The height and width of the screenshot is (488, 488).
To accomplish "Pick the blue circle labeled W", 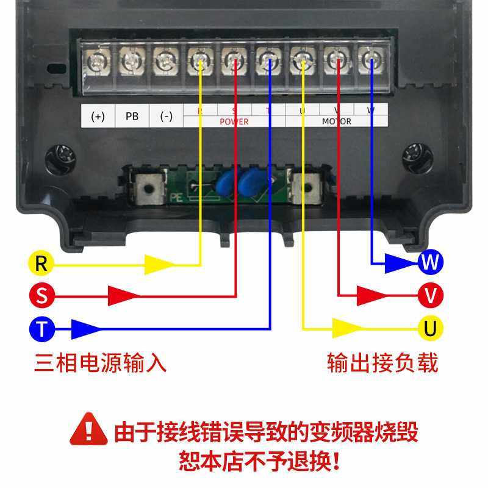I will (431, 262).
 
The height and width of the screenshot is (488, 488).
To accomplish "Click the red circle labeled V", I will (431, 296).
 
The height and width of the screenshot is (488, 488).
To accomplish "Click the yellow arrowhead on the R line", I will (160, 265).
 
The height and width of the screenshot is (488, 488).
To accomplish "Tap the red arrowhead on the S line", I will (123, 296).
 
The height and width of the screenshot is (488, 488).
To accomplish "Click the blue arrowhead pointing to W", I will (402, 262).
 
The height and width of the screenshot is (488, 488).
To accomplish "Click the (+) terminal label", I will (98, 116).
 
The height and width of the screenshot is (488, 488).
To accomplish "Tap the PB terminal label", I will (132, 116).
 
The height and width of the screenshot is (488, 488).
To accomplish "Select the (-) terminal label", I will (166, 116).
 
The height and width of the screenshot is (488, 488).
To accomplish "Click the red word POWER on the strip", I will (234, 122).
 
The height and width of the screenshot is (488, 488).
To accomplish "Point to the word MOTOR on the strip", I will (337, 122).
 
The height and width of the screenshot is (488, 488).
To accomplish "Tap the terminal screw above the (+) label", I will (97, 62).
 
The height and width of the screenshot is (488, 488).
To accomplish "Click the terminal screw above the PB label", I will (131, 62).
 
